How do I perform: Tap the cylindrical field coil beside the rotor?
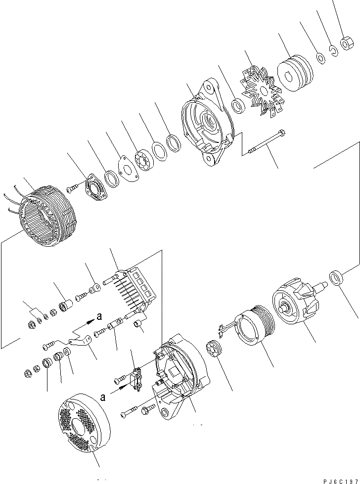point(253,328)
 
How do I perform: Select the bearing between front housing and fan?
point(238,105)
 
